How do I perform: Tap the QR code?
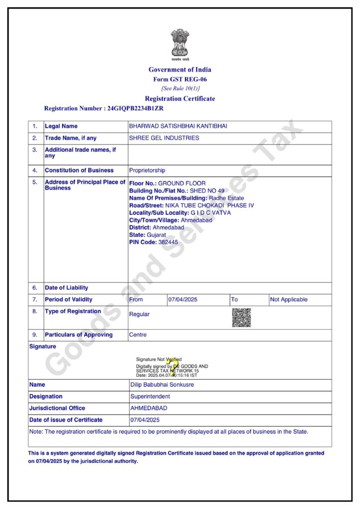coord(241,317)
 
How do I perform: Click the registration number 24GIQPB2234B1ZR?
coord(135,108)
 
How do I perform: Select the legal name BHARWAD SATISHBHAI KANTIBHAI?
coord(178,126)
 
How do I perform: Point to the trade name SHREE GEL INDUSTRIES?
coord(164,138)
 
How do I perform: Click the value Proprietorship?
coord(147,170)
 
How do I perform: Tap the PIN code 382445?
coord(168,242)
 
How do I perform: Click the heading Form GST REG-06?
coord(180,80)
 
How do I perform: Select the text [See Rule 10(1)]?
coord(180,88)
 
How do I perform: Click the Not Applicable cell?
coord(288,300)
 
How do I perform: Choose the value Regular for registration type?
coord(139,314)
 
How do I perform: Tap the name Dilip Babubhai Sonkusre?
coord(162,385)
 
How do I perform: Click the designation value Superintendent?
coord(150,397)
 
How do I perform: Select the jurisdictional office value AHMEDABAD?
coord(149,408)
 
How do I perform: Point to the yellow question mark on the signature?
coord(172,366)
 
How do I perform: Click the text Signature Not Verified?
coord(159,359)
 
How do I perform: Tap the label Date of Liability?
coord(66,288)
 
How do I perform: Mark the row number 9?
coord(35,335)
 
